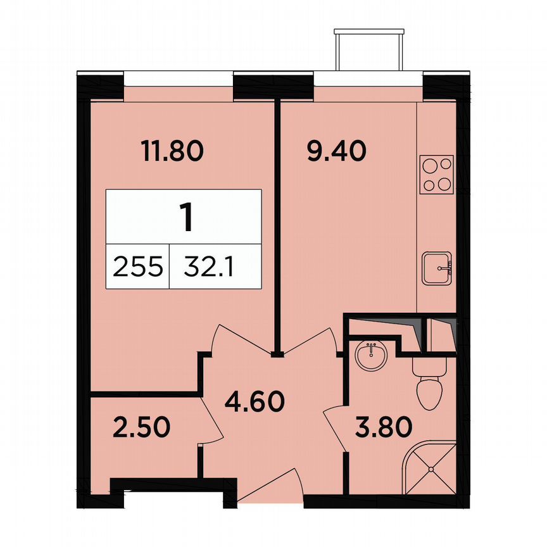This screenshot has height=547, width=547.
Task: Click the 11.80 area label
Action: pyautogui.click(x=172, y=152)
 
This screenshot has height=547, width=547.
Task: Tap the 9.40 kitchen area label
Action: pyautogui.click(x=336, y=152)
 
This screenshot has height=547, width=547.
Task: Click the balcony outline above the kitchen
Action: pyautogui.click(x=368, y=49)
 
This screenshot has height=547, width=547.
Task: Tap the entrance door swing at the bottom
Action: pyautogui.click(x=272, y=486)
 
